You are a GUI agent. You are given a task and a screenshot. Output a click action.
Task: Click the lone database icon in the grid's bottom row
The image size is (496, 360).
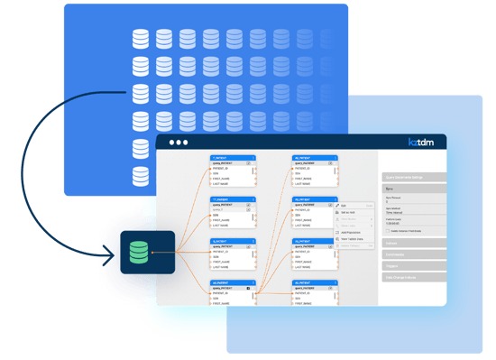tap(140, 172)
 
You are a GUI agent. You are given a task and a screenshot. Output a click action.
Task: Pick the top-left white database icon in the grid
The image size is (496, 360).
tap(140, 39)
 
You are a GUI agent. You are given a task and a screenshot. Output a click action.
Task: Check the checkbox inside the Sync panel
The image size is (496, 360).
tap(388, 231)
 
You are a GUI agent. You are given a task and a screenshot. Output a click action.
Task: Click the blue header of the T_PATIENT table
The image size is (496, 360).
tap(233, 157)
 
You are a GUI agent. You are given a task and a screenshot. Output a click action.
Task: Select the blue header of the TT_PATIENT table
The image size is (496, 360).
tap(233, 199)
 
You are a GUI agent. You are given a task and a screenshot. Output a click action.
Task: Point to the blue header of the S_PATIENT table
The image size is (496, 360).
tap(233, 241)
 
